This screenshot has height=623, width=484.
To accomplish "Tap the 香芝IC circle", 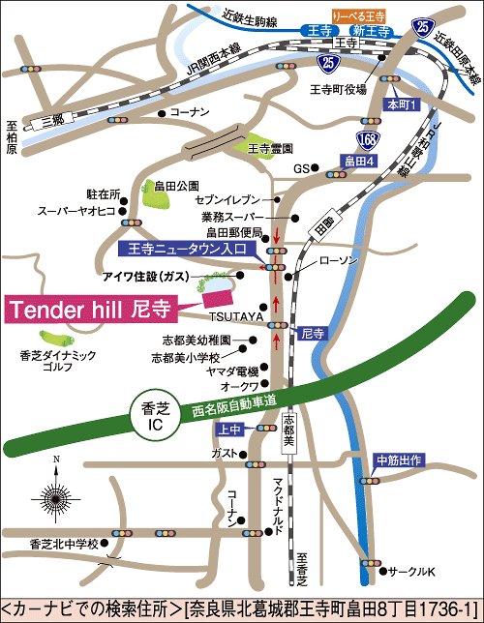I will click(x=149, y=416).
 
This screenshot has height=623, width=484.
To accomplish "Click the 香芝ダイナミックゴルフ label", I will click(x=58, y=362).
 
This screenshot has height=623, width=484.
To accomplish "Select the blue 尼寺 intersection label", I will click(x=311, y=333).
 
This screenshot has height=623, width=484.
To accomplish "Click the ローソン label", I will click(x=338, y=261).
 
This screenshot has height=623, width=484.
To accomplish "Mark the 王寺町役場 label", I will click(x=336, y=88).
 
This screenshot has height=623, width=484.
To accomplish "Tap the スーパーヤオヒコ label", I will click(x=76, y=210).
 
